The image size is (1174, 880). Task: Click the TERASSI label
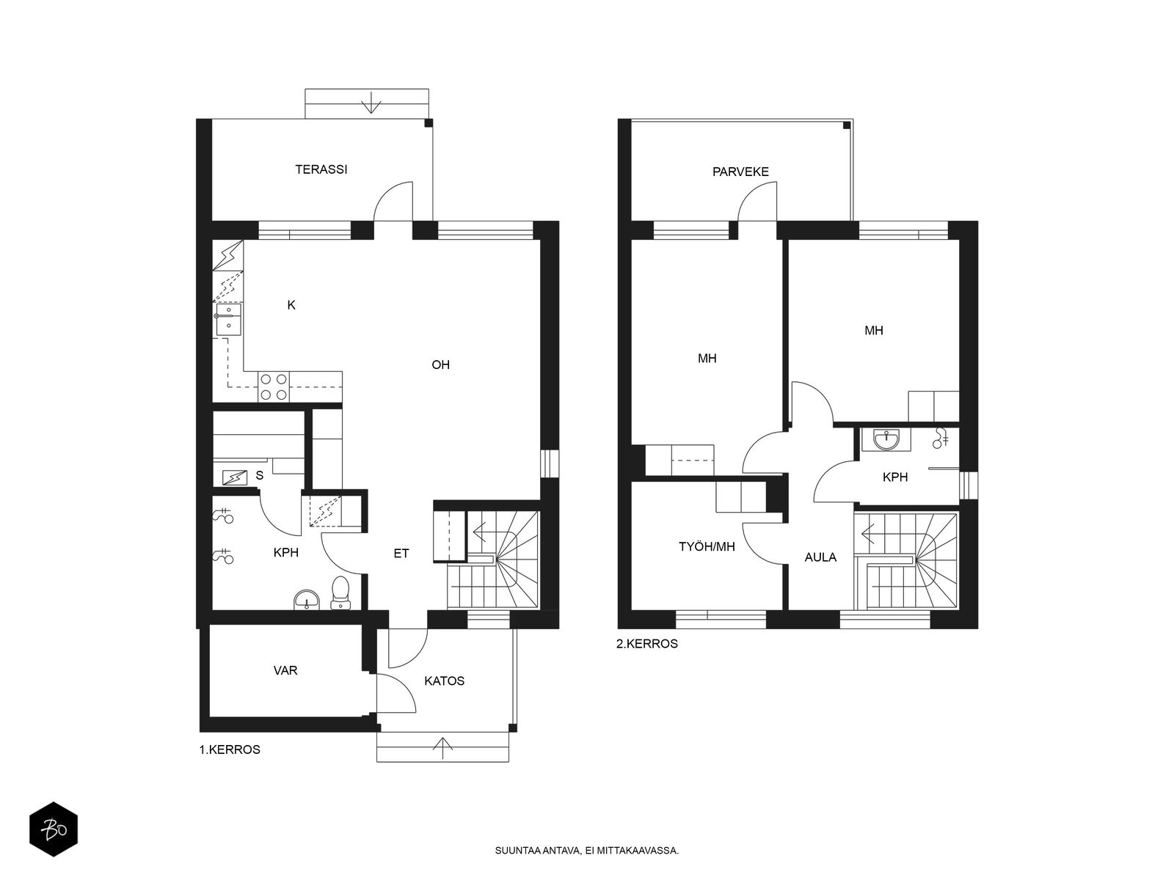point(321,169)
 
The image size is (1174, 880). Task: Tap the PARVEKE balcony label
point(740,172)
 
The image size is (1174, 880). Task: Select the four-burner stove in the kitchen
point(273,387)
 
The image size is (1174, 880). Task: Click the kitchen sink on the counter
point(228,319)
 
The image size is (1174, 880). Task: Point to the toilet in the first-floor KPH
point(340,593)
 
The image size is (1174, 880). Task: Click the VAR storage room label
point(285,670)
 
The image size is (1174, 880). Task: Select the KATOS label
point(444,681)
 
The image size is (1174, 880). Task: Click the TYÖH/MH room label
point(707,546)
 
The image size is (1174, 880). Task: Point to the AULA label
point(820,557)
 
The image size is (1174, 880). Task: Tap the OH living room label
point(440,365)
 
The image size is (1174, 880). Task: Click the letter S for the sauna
point(260,475)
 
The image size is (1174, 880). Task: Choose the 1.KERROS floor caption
point(230,749)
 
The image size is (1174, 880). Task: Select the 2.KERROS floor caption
point(646,644)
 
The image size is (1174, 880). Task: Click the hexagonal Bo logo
point(54,829)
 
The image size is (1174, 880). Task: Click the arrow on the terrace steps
point(370,103)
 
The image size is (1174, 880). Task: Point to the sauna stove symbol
point(234,477)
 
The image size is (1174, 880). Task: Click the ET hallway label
point(401,554)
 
